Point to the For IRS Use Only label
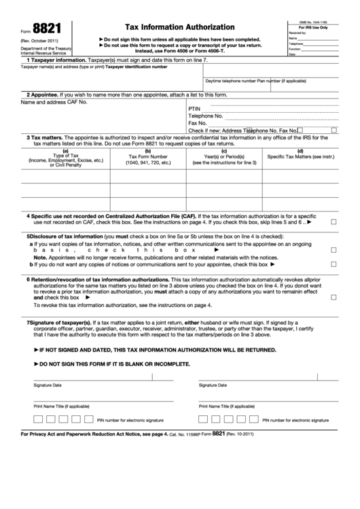click(x=312, y=27)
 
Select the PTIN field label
click(x=195, y=108)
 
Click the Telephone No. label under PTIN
click(x=206, y=116)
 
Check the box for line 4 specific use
click(x=334, y=222)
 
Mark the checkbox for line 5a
click(x=334, y=250)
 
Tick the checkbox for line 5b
click(x=334, y=264)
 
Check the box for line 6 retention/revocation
click(x=334, y=297)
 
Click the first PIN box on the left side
click(x=39, y=419)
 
